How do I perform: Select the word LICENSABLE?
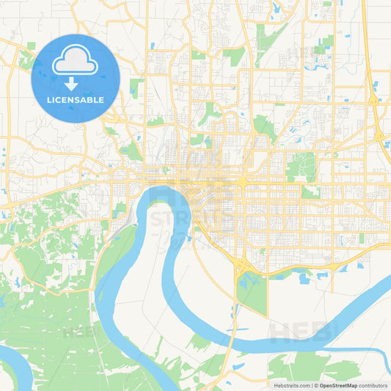click(x=75, y=100)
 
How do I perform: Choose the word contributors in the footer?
click(x=373, y=385)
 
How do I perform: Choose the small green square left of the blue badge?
click(x=31, y=46)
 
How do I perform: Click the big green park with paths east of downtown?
click(x=301, y=167)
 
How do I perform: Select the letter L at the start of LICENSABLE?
click(x=48, y=100)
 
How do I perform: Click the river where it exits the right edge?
click(x=386, y=282)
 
